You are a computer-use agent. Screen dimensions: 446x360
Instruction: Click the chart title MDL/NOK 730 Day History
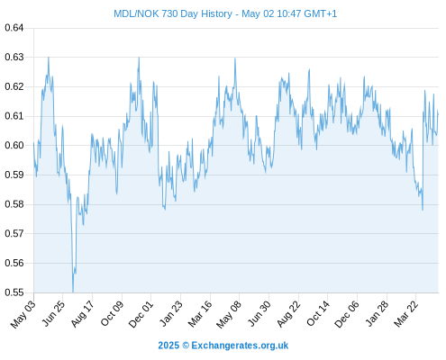[x=173, y=13]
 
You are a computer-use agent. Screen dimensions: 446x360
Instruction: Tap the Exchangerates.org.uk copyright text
[x=223, y=346]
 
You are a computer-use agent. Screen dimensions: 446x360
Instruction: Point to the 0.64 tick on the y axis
[x=14, y=28]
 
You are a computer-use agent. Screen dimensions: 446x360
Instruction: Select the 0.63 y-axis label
[x=14, y=57]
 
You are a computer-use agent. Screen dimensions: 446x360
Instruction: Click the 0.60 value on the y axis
[x=14, y=145]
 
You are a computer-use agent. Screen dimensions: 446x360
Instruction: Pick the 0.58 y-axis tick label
[x=14, y=204]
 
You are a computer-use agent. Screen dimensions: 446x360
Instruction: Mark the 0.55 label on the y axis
[x=14, y=292]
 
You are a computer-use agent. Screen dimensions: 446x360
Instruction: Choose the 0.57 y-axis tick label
[x=14, y=233]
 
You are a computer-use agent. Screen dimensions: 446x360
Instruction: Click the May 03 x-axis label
[x=23, y=314]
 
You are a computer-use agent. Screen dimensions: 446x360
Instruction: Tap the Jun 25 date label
[x=52, y=313]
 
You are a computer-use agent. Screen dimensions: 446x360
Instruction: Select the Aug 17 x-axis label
[x=82, y=314]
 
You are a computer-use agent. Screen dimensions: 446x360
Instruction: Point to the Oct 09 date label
[x=112, y=313]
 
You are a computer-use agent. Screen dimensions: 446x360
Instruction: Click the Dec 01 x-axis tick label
[x=141, y=314]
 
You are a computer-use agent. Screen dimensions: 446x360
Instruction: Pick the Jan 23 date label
[x=170, y=313]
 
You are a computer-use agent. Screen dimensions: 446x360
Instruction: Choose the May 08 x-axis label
[x=229, y=314]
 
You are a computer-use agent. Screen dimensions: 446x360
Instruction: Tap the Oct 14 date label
[x=318, y=313]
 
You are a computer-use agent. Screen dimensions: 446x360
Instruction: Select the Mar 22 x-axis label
[x=405, y=314]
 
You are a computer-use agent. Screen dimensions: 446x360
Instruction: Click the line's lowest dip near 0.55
[x=73, y=292]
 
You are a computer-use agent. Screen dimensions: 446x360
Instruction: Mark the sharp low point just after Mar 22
[x=423, y=210]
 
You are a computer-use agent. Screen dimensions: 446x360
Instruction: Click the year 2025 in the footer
[x=168, y=346]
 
